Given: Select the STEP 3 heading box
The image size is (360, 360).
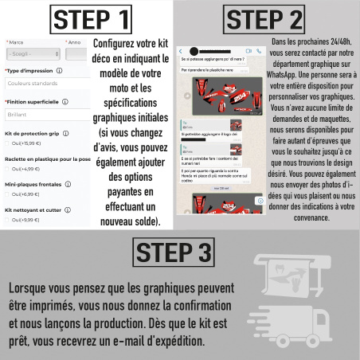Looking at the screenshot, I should (174, 252).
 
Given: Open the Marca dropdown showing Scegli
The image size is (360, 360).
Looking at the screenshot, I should (33, 54).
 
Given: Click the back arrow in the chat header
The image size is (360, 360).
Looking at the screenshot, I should (181, 50).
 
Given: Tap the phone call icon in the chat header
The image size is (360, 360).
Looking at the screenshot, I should (260, 50).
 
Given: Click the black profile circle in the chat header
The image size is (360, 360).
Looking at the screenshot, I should (190, 50).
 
